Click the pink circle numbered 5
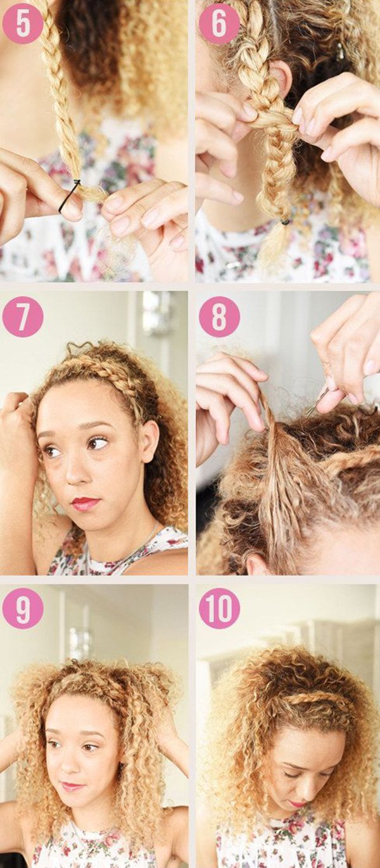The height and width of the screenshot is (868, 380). pos(23,23)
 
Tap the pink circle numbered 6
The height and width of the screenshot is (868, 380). pos(219,23)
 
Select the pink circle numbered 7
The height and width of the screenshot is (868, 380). pos(23,316)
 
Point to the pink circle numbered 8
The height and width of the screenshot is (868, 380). pos(219,316)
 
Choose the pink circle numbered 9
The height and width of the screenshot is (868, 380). pos(23,608)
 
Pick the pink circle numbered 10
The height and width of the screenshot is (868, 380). pos(219,608)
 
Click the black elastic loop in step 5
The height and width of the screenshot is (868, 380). pos(69,197)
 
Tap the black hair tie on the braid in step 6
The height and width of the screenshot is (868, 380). pos(285,222)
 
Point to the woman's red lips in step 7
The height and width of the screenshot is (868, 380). pos(85,503)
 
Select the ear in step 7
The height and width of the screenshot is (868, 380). pos(149,441)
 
